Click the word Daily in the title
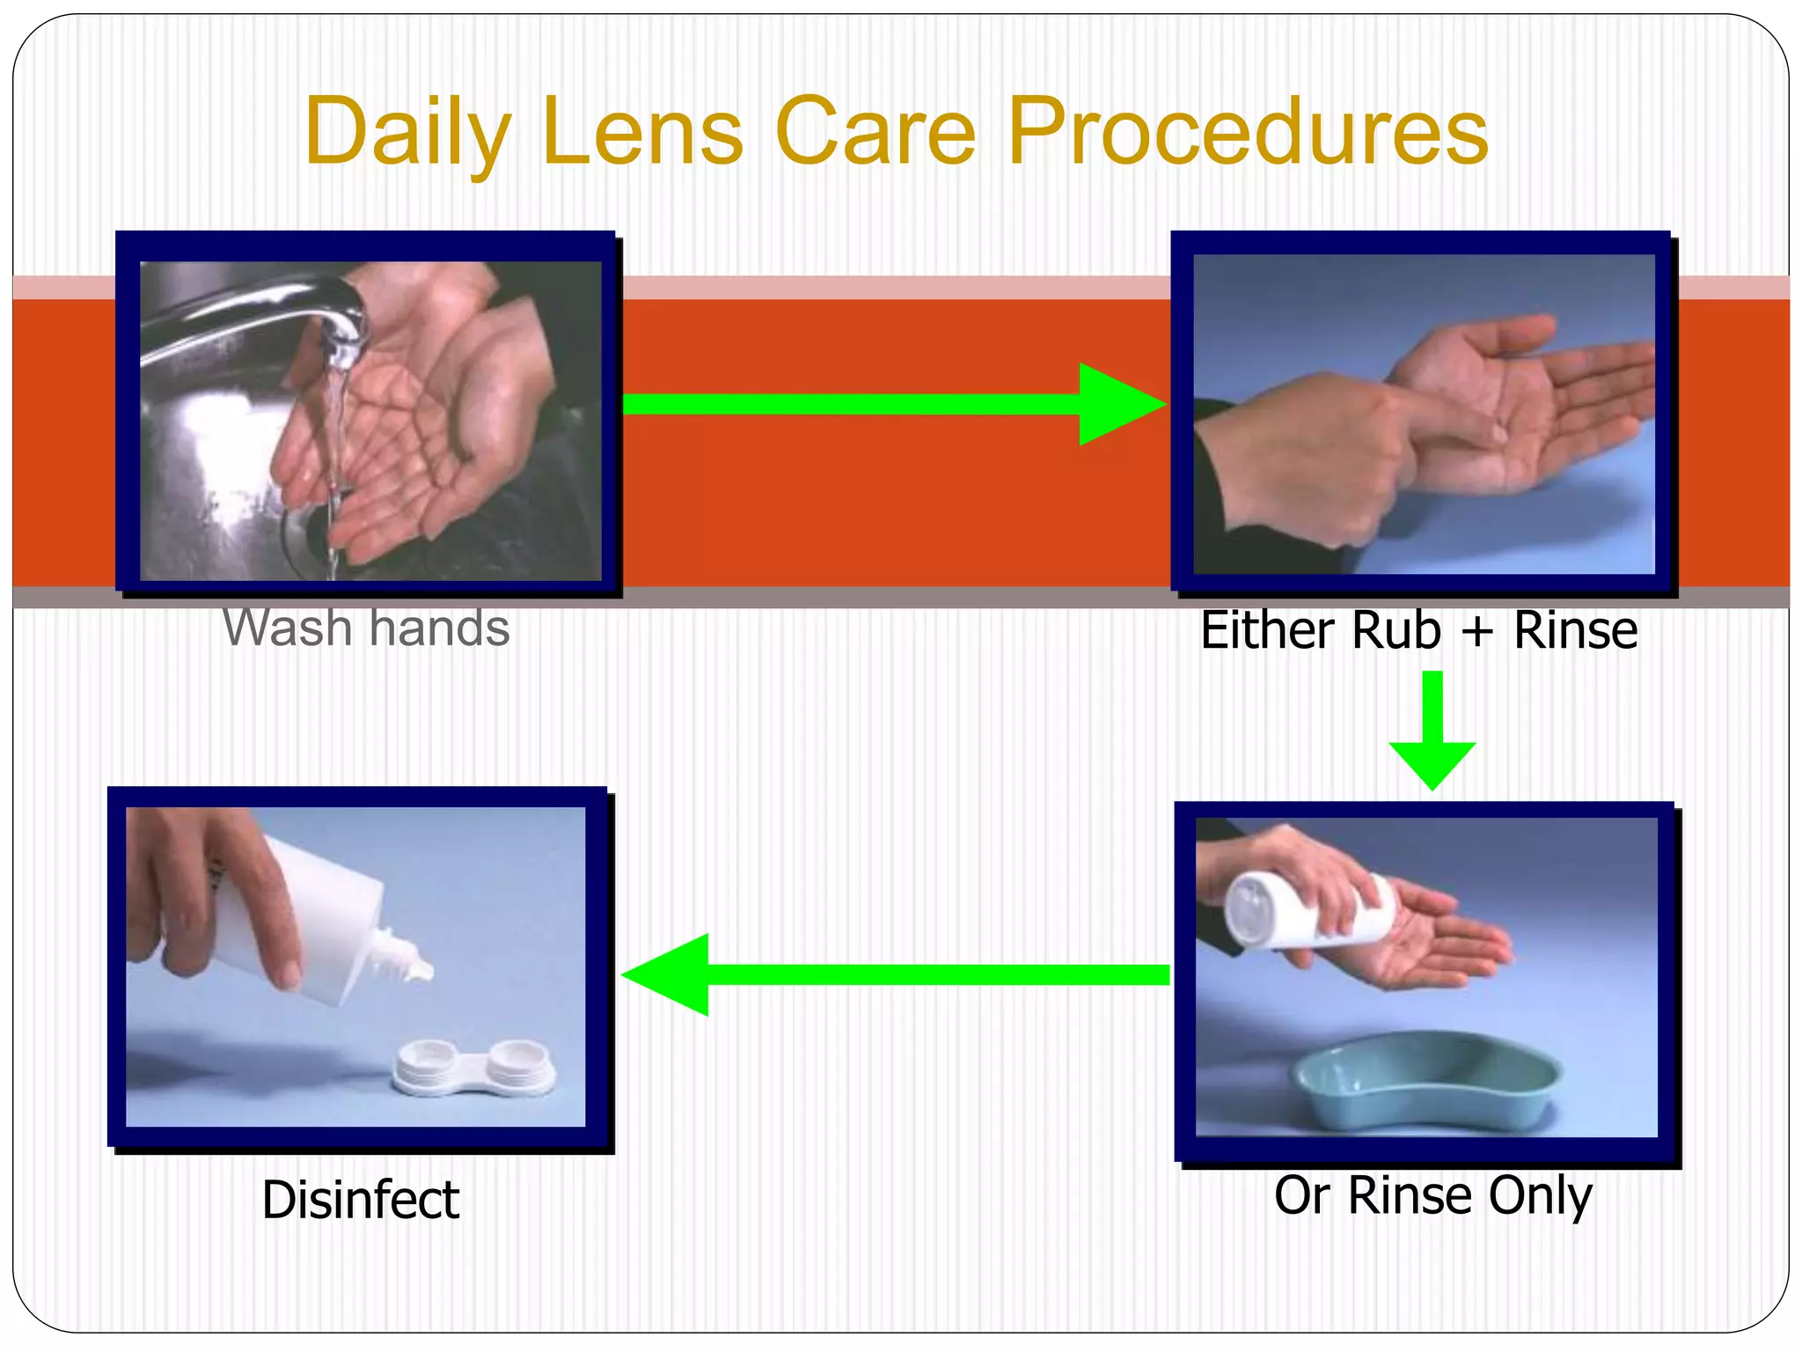407,132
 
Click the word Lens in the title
642,132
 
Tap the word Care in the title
875,132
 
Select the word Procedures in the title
1248,132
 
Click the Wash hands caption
366,628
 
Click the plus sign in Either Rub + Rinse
1478,632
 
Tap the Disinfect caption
361,1199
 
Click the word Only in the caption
1541,1195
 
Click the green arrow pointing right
893,404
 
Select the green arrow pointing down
1432,731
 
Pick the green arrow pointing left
893,974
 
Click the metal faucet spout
264,317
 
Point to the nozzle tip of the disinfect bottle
422,968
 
